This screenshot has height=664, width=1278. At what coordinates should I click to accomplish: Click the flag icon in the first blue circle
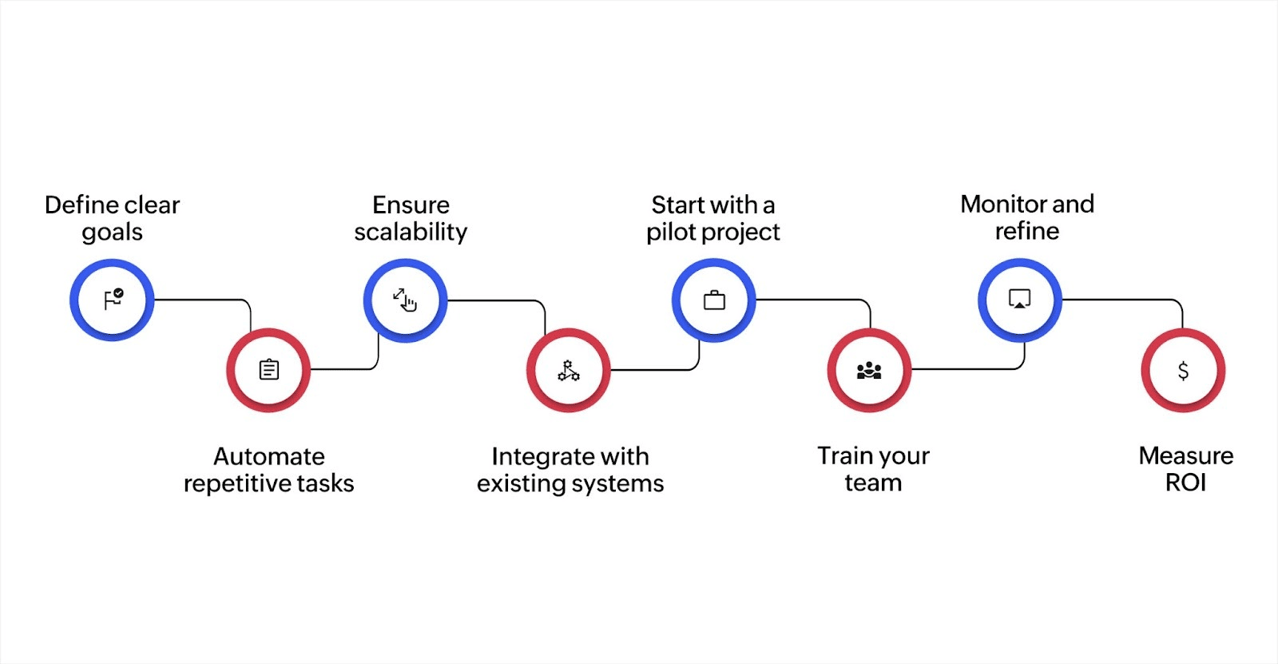pos(113,300)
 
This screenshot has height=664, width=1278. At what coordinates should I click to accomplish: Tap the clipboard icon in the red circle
pos(269,370)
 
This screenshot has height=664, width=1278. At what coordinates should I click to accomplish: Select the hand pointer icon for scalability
pos(406,300)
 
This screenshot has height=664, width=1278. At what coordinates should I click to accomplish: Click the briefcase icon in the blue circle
pos(714,300)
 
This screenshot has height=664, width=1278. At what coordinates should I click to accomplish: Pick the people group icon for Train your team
pos(869,371)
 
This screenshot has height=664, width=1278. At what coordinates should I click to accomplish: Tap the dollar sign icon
pos(1183,371)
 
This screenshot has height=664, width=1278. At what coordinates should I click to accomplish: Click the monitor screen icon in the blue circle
pos(1020,300)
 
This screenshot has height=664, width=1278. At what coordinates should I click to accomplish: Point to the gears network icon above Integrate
pos(569,371)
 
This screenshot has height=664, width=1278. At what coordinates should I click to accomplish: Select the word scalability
pos(411,233)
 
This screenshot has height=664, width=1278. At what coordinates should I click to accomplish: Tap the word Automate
pos(269,457)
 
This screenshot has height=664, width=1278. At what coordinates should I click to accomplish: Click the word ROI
pos(1185,483)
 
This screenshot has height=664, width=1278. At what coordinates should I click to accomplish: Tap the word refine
pos(1027,232)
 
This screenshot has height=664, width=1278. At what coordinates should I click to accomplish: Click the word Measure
pos(1185,456)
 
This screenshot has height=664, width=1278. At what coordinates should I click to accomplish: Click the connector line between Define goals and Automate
pos(200,300)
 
